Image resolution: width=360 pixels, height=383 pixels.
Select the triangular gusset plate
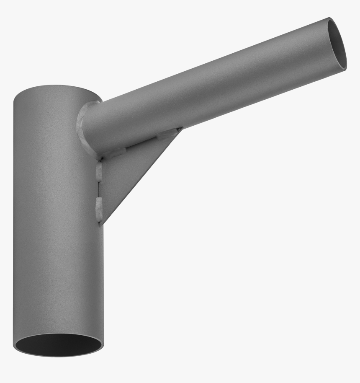tap(126, 176)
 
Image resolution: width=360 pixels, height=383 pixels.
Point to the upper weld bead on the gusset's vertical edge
tap(99, 171)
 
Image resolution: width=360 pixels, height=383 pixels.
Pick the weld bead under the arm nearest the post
tap(114, 153)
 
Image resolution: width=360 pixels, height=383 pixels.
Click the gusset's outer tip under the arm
tap(181, 129)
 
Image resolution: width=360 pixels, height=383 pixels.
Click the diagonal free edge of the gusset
tap(142, 176)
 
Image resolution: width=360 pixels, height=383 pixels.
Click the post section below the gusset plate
tap(59, 285)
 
